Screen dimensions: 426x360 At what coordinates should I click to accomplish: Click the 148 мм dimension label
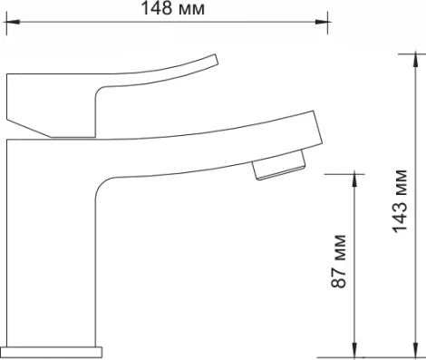point(173,8)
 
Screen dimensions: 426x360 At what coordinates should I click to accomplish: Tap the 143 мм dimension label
point(400,201)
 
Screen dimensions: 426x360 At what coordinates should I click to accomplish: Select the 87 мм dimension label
point(338,261)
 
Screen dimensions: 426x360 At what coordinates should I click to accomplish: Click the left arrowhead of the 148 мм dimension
point(12,22)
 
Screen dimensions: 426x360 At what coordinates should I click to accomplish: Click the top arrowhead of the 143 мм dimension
point(416,61)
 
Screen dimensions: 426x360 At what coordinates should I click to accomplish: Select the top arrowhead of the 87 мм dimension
point(355,181)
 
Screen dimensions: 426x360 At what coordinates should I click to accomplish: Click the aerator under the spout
point(279,166)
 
